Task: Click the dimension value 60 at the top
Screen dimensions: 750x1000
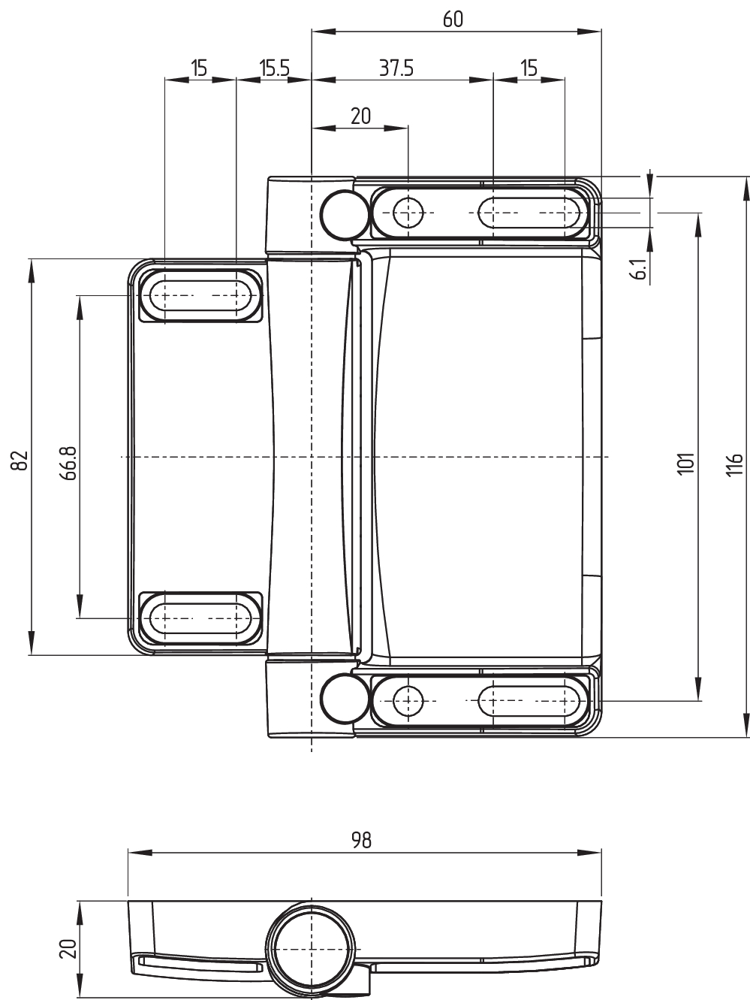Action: click(453, 19)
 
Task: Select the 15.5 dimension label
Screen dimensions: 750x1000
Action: click(275, 68)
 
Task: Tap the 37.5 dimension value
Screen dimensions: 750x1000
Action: click(396, 68)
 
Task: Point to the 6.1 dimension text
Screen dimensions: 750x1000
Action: click(641, 268)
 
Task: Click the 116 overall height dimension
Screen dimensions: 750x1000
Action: click(734, 464)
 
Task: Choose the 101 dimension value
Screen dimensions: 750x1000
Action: click(686, 464)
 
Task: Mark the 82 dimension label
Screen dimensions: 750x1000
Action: click(21, 461)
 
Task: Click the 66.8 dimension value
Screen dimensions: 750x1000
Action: click(69, 463)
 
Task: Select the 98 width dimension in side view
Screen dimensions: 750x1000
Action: click(361, 840)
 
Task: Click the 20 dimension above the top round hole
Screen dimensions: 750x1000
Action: click(361, 116)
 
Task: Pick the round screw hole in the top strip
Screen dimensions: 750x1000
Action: click(408, 213)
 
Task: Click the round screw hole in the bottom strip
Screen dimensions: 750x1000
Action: click(408, 701)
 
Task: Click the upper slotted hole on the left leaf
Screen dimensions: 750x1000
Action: click(200, 295)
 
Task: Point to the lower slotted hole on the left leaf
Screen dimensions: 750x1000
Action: click(200, 618)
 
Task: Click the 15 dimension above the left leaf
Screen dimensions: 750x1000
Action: click(200, 68)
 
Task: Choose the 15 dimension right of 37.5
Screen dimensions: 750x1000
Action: click(529, 68)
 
